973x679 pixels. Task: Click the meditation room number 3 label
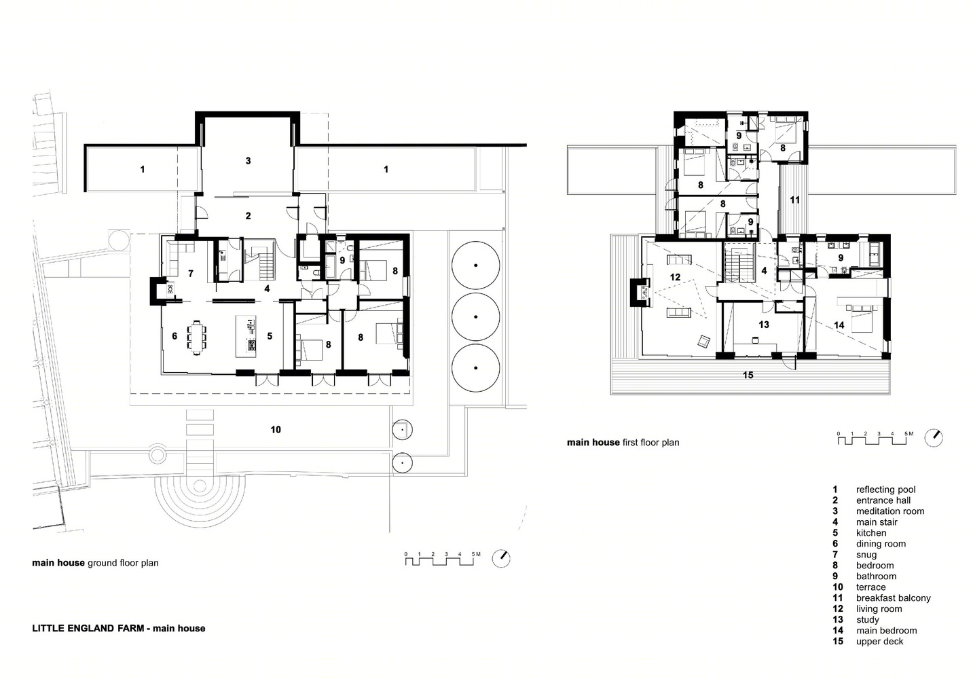pos(248,161)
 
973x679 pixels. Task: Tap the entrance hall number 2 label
pos(248,216)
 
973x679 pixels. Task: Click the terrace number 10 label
pos(276,430)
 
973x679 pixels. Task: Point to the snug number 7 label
pos(191,274)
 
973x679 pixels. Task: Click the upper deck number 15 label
pos(748,375)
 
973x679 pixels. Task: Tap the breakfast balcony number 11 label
pos(794,200)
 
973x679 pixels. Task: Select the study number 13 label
pos(764,325)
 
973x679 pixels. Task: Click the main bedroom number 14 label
pos(839,325)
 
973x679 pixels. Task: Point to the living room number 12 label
pos(675,277)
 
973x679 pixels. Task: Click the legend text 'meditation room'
pos(890,511)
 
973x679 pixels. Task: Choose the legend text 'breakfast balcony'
pos(893,598)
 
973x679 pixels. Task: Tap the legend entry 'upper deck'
pos(879,642)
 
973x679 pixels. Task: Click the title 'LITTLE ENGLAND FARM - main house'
pos(119,628)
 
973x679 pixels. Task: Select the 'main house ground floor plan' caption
pos(95,563)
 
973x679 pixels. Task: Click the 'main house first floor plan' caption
pos(623,443)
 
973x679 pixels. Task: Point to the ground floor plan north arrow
pos(501,559)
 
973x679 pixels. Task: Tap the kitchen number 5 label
pos(270,336)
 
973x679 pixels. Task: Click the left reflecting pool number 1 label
pos(143,170)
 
